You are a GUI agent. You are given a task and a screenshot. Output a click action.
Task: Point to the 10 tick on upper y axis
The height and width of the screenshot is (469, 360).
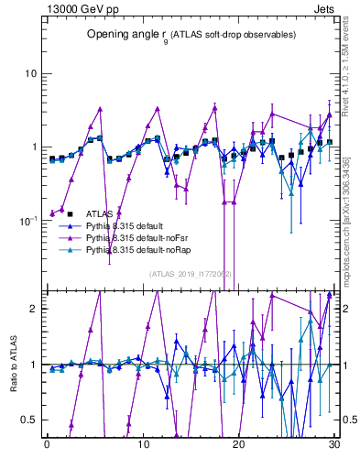click(30, 73)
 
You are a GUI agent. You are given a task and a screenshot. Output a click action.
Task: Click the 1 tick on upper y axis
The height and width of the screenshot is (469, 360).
click(33, 147)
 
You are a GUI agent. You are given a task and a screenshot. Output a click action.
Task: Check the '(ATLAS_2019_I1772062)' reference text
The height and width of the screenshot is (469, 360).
click(191, 274)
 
